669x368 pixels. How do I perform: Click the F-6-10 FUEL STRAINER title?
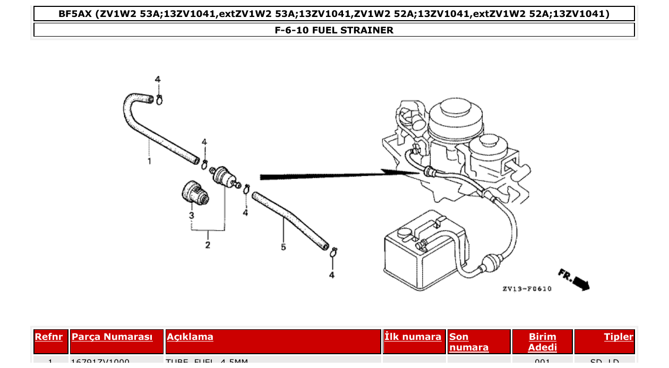(334, 30)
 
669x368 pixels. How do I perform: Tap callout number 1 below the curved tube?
(149, 160)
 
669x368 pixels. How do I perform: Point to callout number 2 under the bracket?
(208, 244)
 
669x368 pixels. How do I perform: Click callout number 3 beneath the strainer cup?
(191, 216)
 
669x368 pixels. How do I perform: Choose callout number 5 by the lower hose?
(283, 247)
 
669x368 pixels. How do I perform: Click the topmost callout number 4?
(158, 79)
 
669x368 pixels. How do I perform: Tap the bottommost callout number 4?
(332, 275)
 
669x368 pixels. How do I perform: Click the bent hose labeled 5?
(289, 220)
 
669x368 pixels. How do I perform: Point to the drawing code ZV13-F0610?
(527, 289)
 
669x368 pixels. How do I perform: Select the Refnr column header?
(49, 337)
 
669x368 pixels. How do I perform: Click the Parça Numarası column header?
(112, 337)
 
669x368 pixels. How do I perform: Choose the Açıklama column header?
(190, 337)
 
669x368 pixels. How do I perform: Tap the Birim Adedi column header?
(542, 342)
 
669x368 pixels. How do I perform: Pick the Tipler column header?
(618, 337)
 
